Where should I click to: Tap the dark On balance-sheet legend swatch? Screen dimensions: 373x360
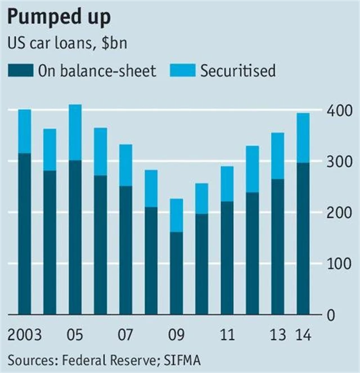click(20, 70)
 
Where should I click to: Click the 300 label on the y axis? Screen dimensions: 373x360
click(341, 163)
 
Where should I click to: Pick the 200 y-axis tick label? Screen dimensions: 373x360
click(341, 213)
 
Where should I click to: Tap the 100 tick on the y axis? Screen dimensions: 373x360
click(341, 264)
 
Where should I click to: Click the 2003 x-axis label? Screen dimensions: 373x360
click(25, 335)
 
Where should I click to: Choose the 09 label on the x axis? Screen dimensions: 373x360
click(177, 335)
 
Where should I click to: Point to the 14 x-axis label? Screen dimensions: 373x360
click(304, 335)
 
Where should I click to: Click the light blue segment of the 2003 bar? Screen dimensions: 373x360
click(25, 131)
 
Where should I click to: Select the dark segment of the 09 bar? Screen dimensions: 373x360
click(177, 273)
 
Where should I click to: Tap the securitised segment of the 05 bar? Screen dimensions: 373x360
click(75, 132)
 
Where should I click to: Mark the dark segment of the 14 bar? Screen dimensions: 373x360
click(304, 239)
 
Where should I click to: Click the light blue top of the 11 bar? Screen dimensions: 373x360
click(227, 183)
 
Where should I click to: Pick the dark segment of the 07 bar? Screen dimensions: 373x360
click(126, 250)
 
